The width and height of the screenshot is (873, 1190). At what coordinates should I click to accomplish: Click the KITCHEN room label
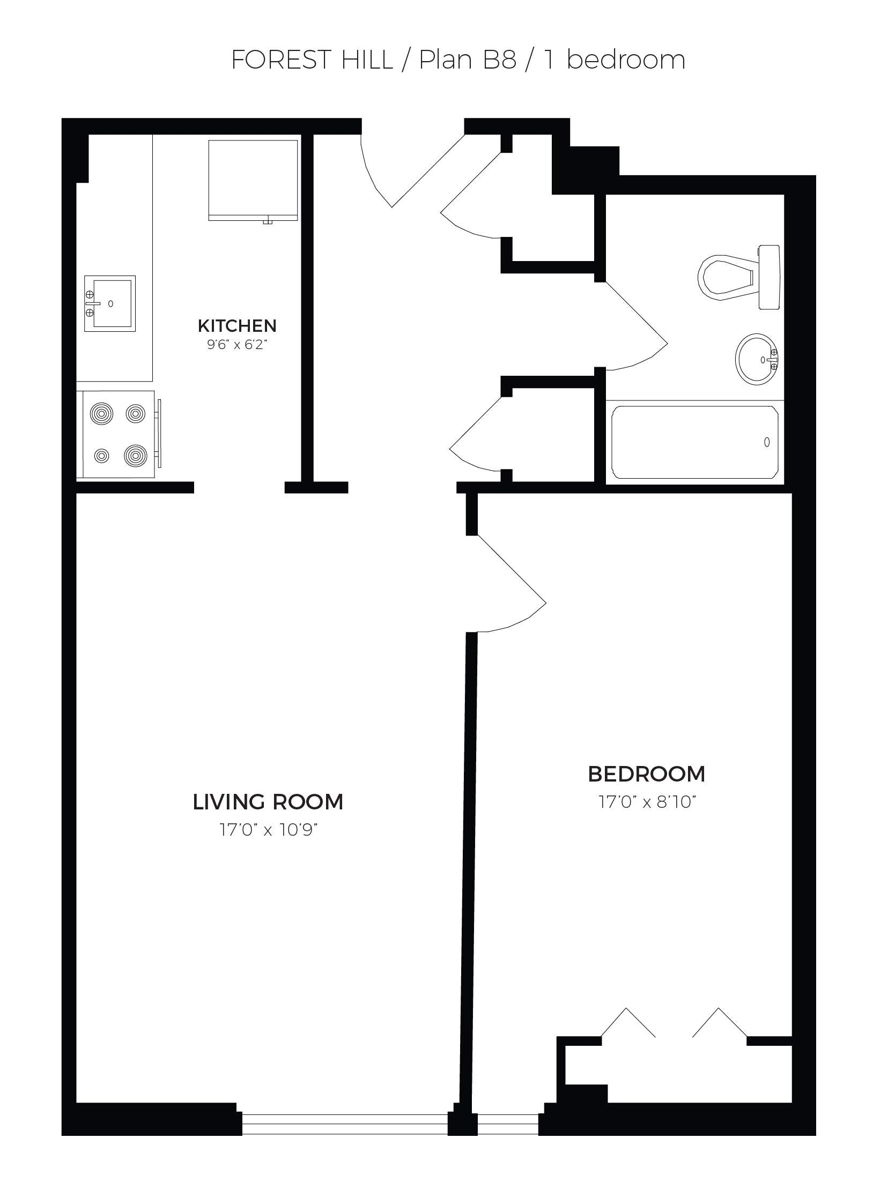coord(237,325)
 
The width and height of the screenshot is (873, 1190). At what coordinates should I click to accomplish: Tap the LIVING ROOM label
coord(268,802)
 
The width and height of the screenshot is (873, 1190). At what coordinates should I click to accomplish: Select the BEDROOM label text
coord(646,774)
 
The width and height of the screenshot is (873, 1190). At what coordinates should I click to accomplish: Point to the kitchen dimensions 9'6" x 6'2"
coord(237,344)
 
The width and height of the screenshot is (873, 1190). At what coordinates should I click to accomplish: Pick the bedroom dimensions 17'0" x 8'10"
coord(647,802)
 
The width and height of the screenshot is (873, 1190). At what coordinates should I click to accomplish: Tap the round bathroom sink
coord(757,359)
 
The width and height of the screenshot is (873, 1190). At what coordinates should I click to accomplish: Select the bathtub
coord(695,442)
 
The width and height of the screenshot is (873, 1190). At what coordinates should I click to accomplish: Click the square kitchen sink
coord(109,303)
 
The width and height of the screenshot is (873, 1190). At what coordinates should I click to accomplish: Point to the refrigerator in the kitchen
coord(253,181)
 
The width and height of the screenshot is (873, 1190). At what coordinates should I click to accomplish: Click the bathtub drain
coord(767,442)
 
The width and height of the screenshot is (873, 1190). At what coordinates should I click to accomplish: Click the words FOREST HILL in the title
coord(312,60)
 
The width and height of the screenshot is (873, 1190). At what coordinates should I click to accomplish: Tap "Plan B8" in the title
coord(468,60)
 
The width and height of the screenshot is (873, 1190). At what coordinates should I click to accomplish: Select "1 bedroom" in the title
coord(615,60)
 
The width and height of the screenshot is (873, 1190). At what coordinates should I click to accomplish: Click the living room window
coord(345,1123)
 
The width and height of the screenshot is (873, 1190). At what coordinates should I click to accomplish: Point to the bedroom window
coord(508,1123)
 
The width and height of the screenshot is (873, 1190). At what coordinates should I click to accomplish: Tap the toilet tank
coord(770,277)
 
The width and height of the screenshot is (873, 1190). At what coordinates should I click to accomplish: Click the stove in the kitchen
coord(119,434)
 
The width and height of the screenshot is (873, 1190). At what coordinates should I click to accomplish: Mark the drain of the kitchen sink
coord(111,303)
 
